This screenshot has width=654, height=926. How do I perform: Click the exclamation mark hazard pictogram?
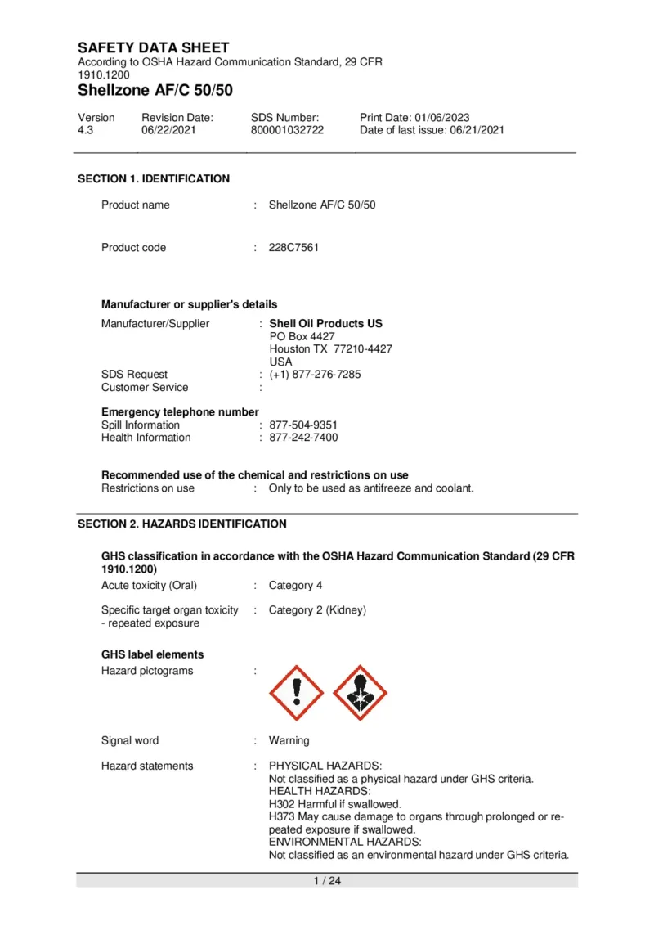click(296, 693)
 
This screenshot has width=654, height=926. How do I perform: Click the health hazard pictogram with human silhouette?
click(361, 693)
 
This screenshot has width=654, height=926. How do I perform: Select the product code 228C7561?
click(293, 248)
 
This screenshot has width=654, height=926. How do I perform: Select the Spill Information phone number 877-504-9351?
click(303, 425)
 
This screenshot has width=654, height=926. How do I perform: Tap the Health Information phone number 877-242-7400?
click(303, 438)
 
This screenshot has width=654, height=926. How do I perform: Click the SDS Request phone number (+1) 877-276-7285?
click(315, 375)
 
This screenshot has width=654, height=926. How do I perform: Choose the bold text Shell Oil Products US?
click(325, 324)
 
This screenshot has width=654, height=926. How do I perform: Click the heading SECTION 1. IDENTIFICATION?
click(154, 179)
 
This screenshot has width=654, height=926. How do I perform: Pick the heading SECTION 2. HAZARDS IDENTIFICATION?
click(182, 524)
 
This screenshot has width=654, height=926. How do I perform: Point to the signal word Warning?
click(289, 741)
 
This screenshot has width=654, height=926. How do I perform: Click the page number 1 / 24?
click(327, 881)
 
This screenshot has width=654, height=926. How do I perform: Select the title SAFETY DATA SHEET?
click(154, 48)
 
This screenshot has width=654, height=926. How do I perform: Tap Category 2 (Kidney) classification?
click(317, 610)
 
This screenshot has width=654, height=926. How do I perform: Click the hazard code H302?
click(282, 805)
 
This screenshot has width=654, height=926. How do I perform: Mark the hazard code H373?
click(282, 817)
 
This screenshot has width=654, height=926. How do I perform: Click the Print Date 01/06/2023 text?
click(414, 118)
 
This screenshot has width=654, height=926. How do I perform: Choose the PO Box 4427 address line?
click(302, 336)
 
